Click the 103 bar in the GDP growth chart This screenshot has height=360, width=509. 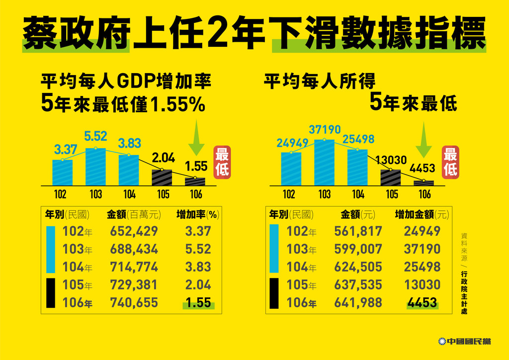point(95,167)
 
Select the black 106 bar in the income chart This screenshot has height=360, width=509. point(424,183)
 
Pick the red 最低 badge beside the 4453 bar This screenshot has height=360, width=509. point(450,162)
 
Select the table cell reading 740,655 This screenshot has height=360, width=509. point(135,303)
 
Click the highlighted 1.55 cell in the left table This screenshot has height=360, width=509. point(197,303)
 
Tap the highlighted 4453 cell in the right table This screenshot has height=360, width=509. point(422,303)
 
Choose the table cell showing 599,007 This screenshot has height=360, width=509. point(358,249)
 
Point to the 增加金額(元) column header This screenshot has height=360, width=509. point(422,215)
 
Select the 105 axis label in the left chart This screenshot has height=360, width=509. point(163,194)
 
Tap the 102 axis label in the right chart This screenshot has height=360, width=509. point(289,194)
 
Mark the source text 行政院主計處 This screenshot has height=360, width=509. point(464,292)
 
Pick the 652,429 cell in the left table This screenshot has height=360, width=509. point(135,231)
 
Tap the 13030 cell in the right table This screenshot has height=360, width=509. point(422,285)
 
